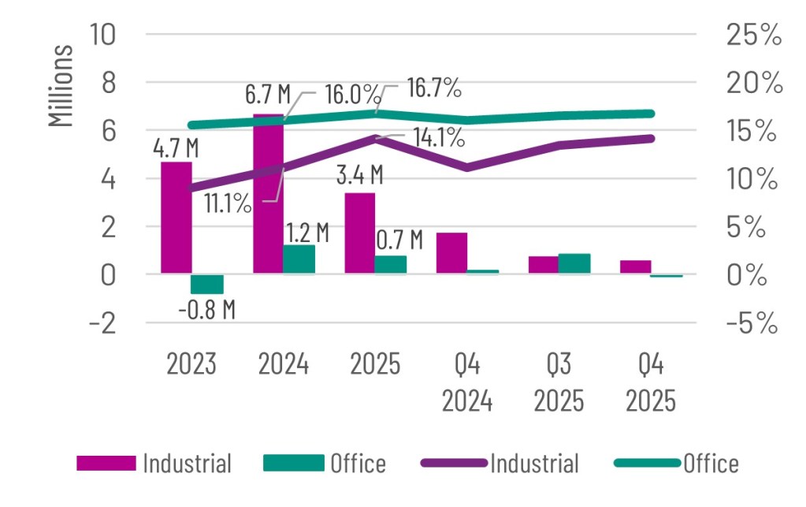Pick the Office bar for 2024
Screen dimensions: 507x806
tap(299, 259)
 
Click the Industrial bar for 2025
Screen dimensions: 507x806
tap(360, 233)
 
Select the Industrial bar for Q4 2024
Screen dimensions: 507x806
tap(451, 253)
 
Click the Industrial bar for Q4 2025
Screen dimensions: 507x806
tap(635, 267)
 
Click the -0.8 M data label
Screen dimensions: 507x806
tap(207, 309)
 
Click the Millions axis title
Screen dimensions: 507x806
tap(61, 87)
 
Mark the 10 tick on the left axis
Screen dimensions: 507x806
tap(103, 35)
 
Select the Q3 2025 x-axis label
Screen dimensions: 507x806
tap(559, 383)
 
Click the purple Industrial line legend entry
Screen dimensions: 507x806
tap(501, 463)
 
